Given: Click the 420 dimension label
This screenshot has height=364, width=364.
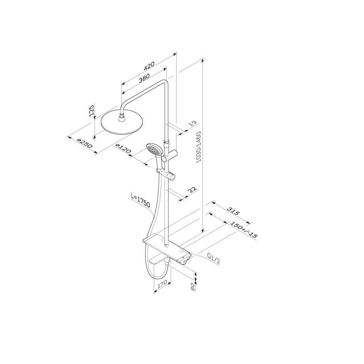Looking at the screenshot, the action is coord(149,66).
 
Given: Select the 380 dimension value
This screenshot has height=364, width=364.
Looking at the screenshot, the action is coord(144,78).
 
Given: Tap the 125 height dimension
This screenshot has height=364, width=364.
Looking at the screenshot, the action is coord(91,111).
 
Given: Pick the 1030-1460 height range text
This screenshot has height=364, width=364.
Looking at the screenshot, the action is coord(198,147).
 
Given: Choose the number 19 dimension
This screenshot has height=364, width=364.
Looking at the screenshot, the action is coord(192,124).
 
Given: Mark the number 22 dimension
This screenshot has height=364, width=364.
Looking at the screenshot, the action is coord(192,190).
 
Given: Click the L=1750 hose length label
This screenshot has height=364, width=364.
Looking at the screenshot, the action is coord(141,201).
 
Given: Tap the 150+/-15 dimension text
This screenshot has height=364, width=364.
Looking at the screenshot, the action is coord(243,230).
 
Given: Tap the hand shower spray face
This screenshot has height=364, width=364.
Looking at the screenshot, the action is coord(154,150).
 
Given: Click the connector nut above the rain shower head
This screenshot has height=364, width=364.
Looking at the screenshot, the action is coord(122,117).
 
